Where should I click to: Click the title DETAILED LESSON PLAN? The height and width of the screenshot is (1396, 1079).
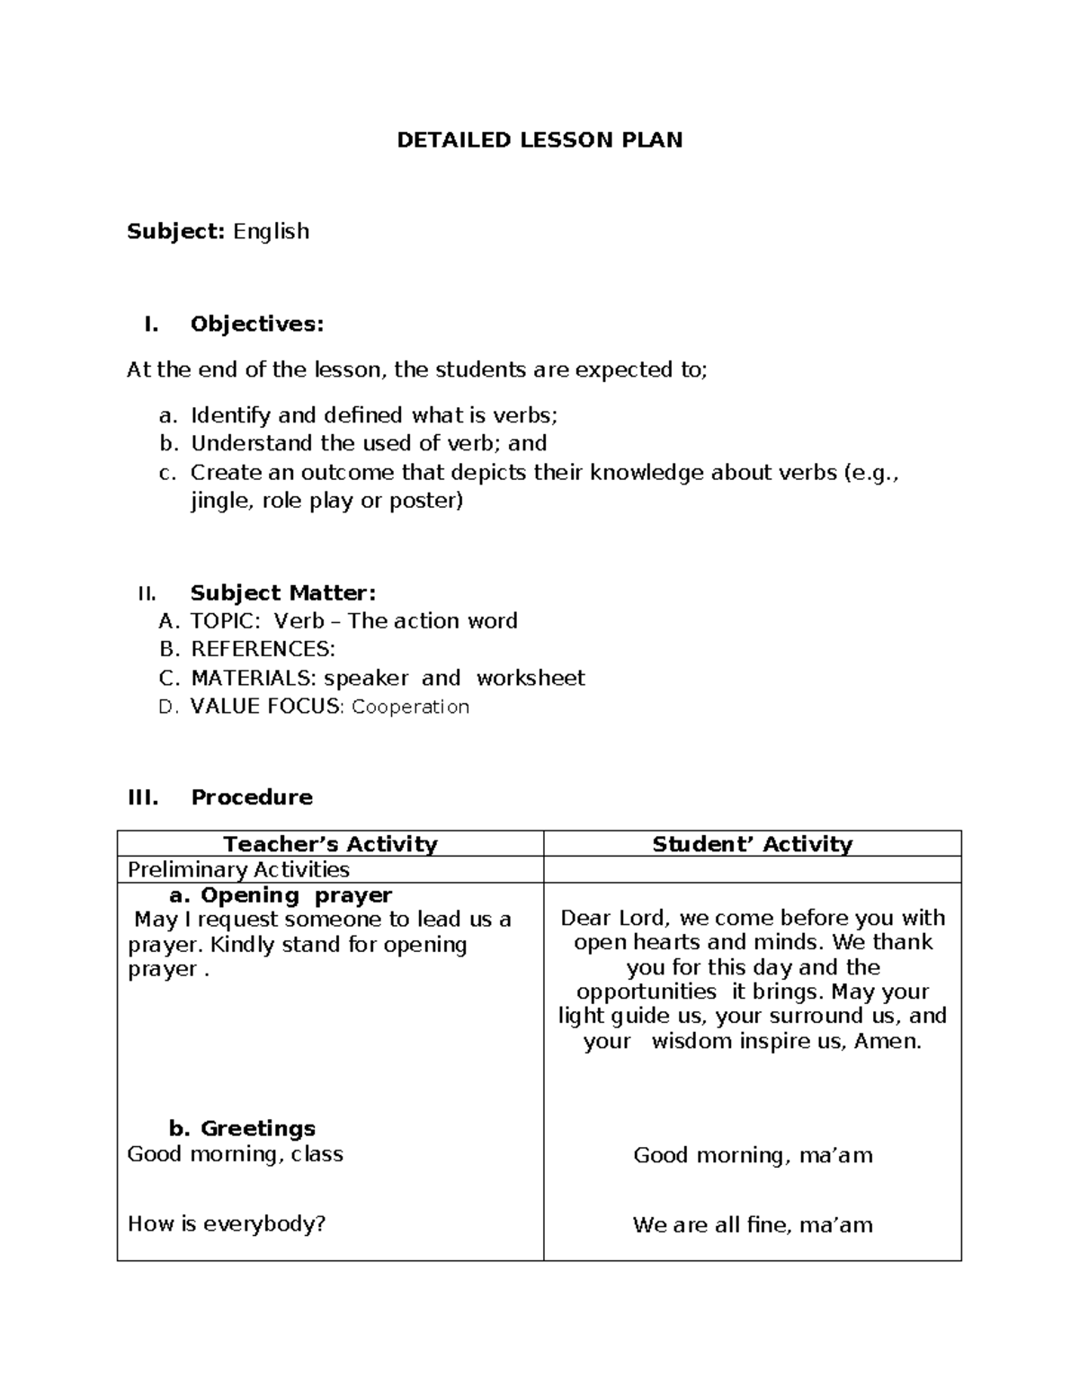click(x=539, y=140)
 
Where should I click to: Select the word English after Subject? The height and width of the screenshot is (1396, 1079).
click(x=271, y=232)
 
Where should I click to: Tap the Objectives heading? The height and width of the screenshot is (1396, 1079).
click(x=256, y=325)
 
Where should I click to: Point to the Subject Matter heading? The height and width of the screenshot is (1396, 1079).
click(x=282, y=593)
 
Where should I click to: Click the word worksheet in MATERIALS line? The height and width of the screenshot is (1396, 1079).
click(x=531, y=678)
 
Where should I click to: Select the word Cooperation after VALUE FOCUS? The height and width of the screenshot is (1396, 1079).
click(x=410, y=707)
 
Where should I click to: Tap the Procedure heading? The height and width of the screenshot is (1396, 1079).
click(x=252, y=797)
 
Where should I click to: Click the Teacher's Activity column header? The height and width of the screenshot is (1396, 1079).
click(x=330, y=844)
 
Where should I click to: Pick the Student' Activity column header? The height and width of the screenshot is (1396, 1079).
click(x=752, y=844)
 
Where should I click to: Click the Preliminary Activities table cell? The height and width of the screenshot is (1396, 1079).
click(x=238, y=869)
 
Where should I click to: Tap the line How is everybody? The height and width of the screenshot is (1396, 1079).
click(x=227, y=1223)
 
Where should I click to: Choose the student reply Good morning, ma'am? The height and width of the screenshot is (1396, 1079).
click(x=753, y=1155)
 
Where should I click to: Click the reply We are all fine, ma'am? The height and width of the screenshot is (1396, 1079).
click(x=753, y=1224)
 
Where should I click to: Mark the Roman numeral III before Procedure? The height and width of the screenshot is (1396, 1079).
click(x=143, y=797)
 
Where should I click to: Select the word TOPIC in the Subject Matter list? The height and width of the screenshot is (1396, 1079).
click(x=225, y=621)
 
